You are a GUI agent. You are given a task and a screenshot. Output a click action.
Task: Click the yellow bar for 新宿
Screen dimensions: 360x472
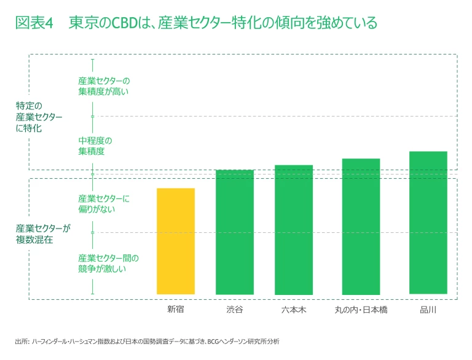(x=175, y=241)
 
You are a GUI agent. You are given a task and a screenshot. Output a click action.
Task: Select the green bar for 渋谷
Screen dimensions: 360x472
(x=234, y=232)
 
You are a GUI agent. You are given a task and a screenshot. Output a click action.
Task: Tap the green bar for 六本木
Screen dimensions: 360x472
(x=293, y=229)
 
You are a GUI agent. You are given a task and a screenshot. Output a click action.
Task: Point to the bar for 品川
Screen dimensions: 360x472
(x=428, y=222)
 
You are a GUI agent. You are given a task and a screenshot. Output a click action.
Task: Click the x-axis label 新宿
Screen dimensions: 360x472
(x=175, y=310)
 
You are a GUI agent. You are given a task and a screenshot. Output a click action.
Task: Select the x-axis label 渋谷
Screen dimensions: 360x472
(x=234, y=310)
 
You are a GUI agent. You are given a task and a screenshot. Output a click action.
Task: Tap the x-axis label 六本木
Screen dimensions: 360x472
(x=293, y=310)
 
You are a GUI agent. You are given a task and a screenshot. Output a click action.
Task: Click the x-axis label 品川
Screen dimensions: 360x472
(x=428, y=310)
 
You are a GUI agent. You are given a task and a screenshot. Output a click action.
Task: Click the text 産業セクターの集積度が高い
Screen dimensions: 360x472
(x=104, y=87)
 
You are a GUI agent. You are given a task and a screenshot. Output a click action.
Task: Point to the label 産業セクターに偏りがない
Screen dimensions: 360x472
(x=104, y=204)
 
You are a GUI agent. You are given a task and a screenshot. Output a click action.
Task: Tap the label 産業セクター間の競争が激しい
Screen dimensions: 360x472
(x=108, y=263)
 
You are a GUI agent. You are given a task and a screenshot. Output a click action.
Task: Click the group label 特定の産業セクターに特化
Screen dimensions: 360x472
(x=39, y=117)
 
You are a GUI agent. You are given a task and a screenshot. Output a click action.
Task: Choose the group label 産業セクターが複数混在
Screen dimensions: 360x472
(x=43, y=234)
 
